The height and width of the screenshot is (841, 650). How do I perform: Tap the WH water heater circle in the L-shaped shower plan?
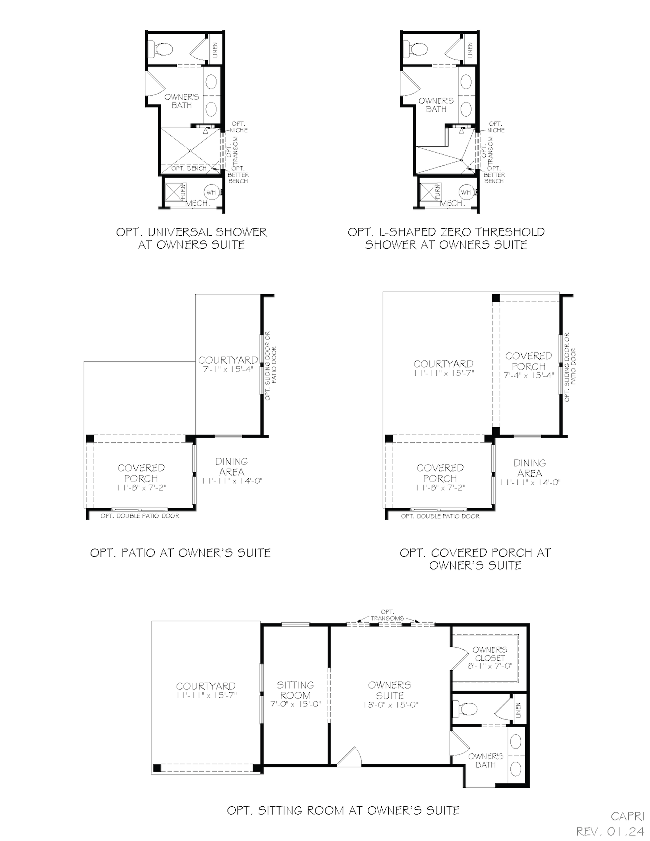click(466, 192)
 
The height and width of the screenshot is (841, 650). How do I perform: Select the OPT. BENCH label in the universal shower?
click(188, 168)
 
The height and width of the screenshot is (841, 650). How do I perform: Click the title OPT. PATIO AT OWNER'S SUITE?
click(180, 553)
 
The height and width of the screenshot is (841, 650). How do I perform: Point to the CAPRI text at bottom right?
click(627, 816)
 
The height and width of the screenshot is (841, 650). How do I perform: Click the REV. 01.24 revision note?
click(610, 831)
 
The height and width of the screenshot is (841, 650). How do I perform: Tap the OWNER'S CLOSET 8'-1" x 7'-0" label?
click(490, 658)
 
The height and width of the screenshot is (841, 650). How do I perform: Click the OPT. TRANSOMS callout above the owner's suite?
click(387, 615)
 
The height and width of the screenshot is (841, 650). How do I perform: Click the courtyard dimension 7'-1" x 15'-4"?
click(228, 369)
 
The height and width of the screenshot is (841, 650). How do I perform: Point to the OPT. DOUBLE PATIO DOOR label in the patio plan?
click(140, 516)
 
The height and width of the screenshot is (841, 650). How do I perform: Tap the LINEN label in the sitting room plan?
click(519, 710)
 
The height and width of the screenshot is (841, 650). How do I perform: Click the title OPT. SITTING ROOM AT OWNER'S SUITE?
click(343, 810)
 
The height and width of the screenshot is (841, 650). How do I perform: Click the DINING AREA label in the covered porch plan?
click(530, 468)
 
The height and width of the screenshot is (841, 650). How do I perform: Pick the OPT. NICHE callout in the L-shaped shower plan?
click(496, 127)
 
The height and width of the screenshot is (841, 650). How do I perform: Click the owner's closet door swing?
click(460, 658)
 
